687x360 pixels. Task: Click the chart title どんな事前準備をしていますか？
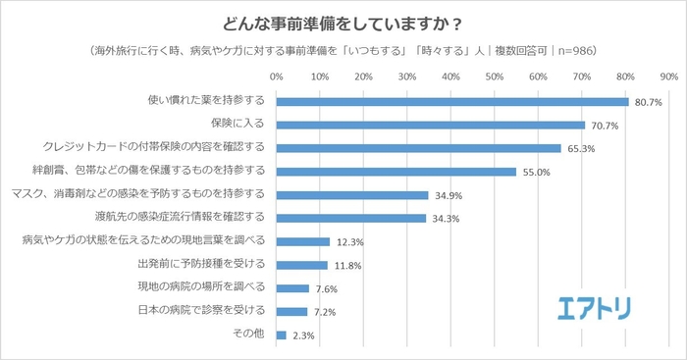point(343,21)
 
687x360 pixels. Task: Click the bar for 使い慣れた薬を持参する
point(452,101)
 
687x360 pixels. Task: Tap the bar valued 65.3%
point(419,148)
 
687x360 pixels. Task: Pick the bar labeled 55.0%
point(396,172)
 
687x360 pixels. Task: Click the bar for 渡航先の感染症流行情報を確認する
point(351,218)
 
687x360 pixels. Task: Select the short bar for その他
point(282,334)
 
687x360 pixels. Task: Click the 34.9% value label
point(446,195)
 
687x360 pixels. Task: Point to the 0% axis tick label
point(277,76)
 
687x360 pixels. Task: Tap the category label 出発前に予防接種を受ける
point(201,265)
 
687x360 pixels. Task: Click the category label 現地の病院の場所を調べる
point(201,288)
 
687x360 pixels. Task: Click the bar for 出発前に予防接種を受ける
point(302,265)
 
